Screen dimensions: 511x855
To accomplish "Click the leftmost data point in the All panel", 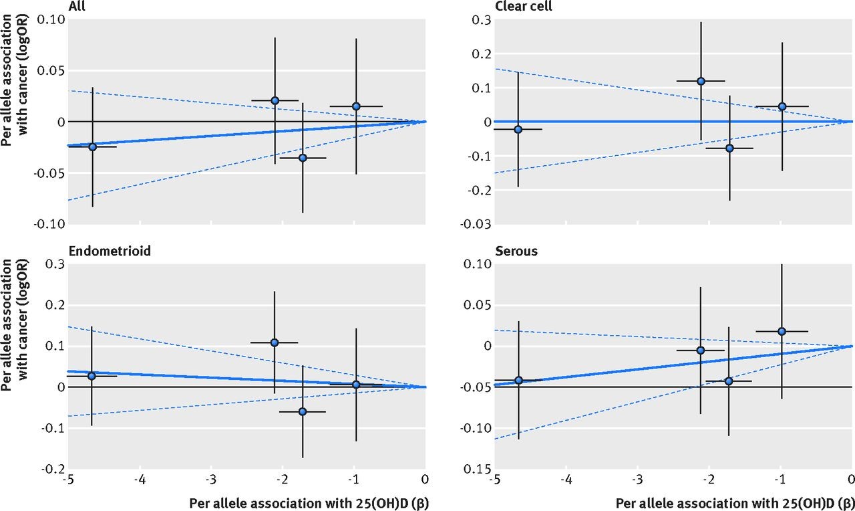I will click(x=92, y=146).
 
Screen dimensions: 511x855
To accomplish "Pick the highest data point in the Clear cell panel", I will click(x=701, y=81).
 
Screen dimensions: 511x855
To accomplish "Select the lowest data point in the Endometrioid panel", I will click(x=303, y=411).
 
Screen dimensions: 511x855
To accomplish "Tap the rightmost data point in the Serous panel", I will click(x=782, y=331).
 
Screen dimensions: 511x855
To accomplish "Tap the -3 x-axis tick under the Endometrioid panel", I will click(x=210, y=480).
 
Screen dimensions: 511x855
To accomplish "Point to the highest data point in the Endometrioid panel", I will click(x=274, y=342).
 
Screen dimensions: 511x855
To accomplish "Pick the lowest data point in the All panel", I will click(x=303, y=158).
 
